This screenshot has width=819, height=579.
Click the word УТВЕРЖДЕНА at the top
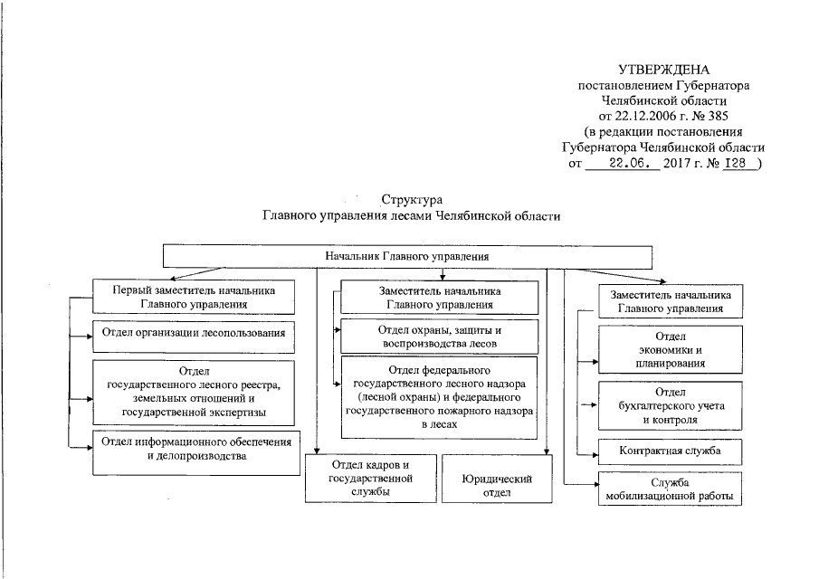(663, 70)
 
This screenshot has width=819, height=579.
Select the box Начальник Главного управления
(407, 256)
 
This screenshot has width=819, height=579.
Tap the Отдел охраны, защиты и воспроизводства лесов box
(439, 337)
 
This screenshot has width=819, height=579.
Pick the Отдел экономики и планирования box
(670, 350)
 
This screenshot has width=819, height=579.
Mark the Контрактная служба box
(670, 451)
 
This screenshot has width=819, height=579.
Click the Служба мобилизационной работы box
(670, 489)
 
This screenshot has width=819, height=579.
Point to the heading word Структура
(411, 198)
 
